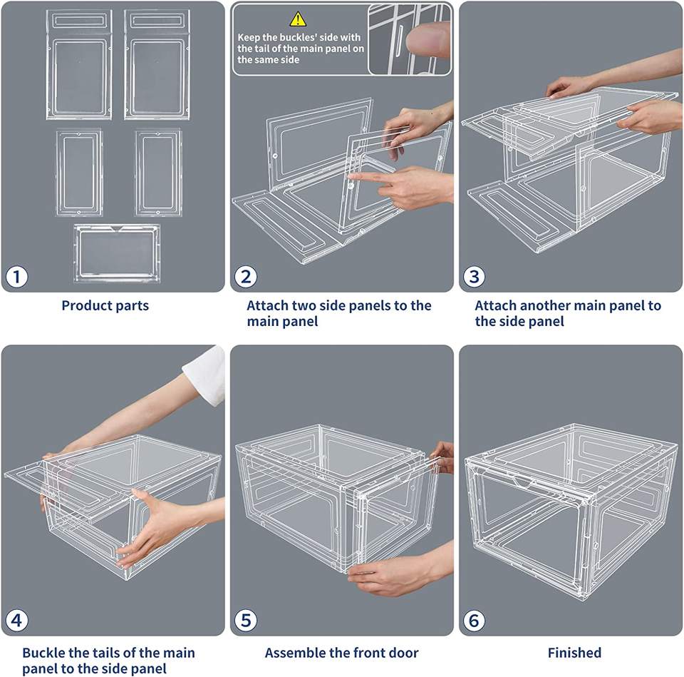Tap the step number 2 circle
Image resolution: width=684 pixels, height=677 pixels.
point(245,277)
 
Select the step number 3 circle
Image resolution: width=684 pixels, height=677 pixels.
point(474,277)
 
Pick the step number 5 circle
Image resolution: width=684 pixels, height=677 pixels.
point(245,620)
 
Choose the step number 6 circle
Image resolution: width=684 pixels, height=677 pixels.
point(474,620)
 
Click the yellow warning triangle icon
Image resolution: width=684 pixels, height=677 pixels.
point(298,19)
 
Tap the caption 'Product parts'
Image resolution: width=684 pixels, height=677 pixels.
point(105,305)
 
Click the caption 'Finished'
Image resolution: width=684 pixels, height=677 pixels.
point(574,652)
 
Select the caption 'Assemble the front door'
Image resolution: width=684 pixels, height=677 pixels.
point(341,652)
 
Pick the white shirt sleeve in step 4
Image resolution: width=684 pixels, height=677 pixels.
point(204,374)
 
